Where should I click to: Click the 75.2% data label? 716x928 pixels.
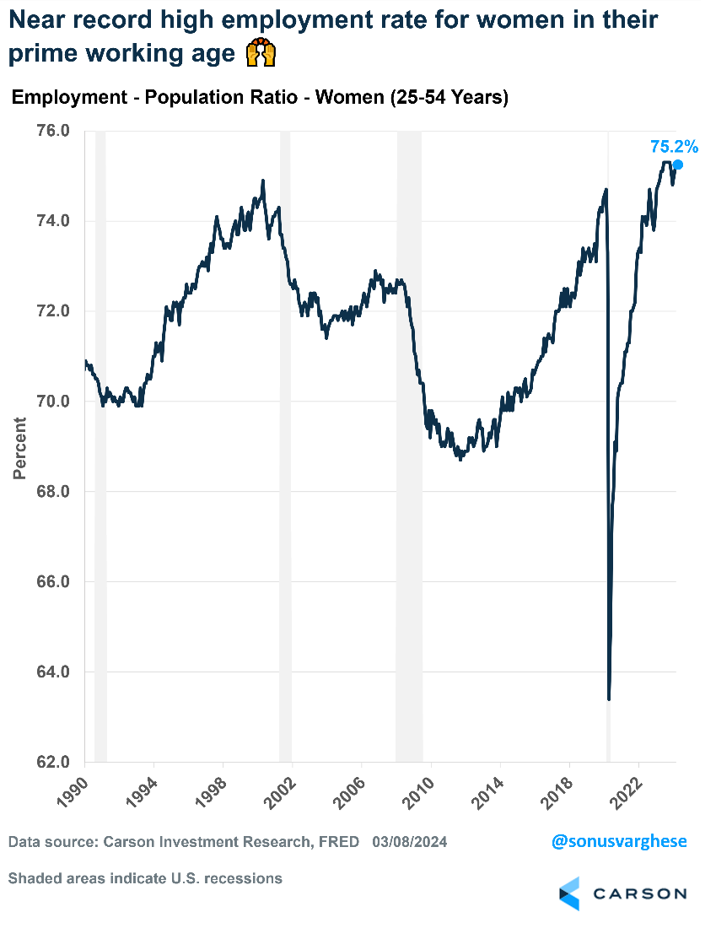674,147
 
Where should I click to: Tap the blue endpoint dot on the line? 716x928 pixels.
676,165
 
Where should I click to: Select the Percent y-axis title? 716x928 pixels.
19,448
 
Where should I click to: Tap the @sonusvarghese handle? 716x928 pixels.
619,841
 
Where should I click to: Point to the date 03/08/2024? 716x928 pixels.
409,842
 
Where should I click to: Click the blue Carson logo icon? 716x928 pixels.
570,893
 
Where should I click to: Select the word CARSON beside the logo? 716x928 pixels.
638,893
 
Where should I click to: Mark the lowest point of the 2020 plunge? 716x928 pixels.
609,698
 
